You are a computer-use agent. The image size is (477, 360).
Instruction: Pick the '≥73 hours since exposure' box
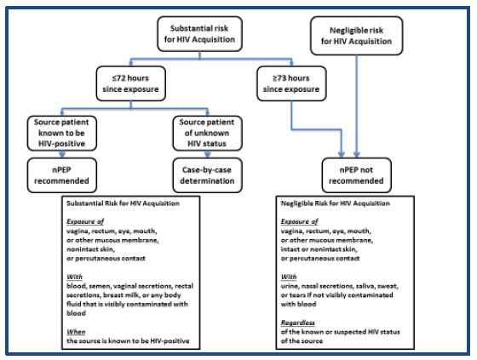(292, 82)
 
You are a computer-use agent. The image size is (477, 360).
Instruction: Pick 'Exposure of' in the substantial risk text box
(88, 222)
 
